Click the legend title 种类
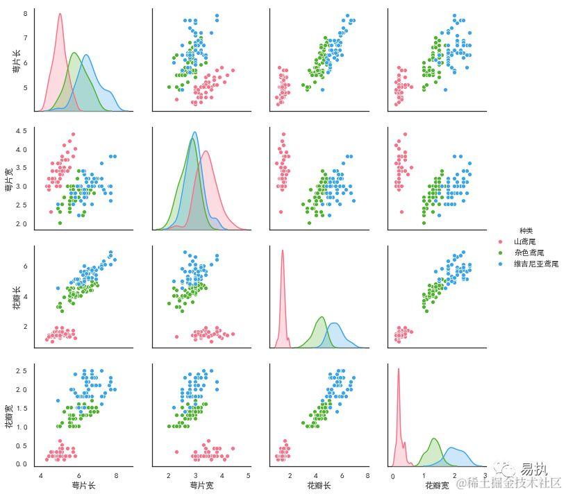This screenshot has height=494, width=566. pyautogui.click(x=526, y=230)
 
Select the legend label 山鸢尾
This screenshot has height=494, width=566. pyautogui.click(x=525, y=241)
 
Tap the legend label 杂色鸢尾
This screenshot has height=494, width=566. pyautogui.click(x=529, y=253)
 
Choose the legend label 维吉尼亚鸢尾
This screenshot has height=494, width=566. pyautogui.click(x=536, y=264)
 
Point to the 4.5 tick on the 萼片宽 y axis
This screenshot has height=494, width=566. pyautogui.click(x=22, y=131)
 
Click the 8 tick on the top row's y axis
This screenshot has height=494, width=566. pyautogui.click(x=25, y=13)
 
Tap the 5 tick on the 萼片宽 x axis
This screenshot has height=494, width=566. pyautogui.click(x=248, y=475)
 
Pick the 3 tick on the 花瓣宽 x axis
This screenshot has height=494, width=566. pyautogui.click(x=485, y=475)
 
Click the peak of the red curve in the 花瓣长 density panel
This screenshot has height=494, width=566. pyautogui.click(x=283, y=251)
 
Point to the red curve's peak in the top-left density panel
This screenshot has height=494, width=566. pyautogui.click(x=60, y=15)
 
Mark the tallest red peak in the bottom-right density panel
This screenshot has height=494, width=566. pyautogui.click(x=399, y=369)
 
